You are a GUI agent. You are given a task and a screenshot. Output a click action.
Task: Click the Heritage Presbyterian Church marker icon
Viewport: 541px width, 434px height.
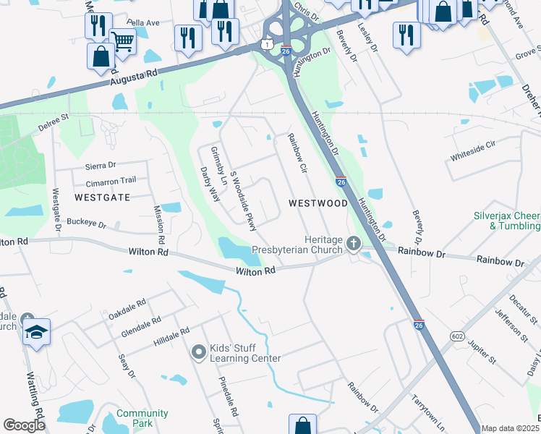(354, 243)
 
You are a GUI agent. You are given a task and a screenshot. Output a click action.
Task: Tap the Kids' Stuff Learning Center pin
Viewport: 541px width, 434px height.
(199, 352)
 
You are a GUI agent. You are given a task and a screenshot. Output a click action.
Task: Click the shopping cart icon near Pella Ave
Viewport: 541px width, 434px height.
(123, 42)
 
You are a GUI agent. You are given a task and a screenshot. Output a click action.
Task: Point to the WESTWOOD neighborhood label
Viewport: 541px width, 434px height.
(318, 203)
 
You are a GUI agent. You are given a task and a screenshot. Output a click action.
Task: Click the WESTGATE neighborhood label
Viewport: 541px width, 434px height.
(102, 196)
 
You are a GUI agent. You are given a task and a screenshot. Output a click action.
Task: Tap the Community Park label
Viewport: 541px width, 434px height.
(142, 418)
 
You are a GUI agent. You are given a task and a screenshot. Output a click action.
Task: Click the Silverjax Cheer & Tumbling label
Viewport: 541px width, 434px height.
(507, 221)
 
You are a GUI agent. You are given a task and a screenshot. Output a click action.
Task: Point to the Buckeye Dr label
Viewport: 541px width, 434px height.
(86, 222)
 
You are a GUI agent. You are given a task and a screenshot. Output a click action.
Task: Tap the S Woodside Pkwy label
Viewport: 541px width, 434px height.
(243, 200)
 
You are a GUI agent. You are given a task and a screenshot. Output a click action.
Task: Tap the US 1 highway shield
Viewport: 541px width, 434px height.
(269, 44)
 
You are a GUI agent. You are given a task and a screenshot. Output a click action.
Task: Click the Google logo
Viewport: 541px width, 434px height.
(24, 425)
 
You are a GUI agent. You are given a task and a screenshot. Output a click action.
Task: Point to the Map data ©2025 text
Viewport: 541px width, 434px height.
(509, 428)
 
